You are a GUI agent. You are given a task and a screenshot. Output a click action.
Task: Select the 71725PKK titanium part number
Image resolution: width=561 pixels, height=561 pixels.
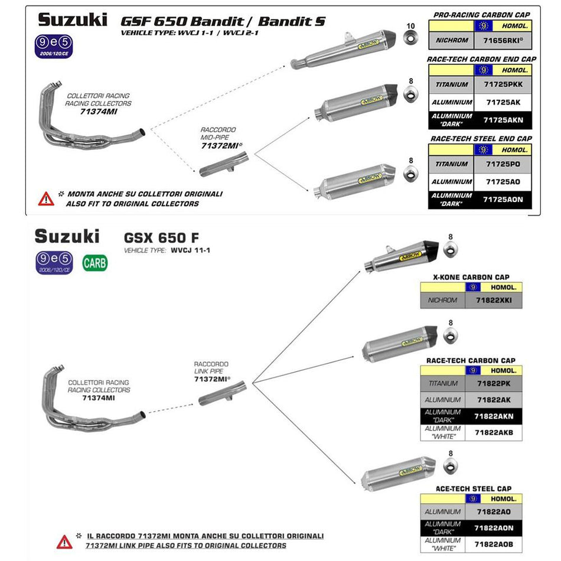pyautogui.click(x=502, y=84)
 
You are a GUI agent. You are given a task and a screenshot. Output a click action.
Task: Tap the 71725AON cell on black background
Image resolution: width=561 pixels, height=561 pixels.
pyautogui.click(x=502, y=200)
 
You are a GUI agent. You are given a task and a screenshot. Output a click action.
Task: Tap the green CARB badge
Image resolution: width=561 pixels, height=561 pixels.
pyautogui.click(x=95, y=262)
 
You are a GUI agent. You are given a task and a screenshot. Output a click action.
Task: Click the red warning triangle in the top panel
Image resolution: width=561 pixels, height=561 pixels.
pyautogui.click(x=46, y=198)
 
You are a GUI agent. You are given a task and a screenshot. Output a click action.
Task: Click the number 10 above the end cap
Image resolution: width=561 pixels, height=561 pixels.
pyautogui.click(x=411, y=26)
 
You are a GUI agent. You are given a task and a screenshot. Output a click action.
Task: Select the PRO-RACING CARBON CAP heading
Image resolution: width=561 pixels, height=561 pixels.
pyautogui.click(x=481, y=14)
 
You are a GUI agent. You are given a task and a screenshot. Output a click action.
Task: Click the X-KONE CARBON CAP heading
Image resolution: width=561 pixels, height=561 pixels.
pyautogui.click(x=471, y=277)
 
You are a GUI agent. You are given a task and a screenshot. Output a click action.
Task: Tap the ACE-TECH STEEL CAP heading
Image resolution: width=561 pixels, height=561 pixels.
pyautogui.click(x=474, y=489)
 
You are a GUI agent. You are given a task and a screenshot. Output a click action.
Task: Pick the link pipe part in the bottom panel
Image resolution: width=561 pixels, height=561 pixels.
pyautogui.click(x=221, y=394)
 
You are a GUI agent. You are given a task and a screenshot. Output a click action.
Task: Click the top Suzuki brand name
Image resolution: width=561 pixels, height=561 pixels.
pyautogui.click(x=73, y=19)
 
